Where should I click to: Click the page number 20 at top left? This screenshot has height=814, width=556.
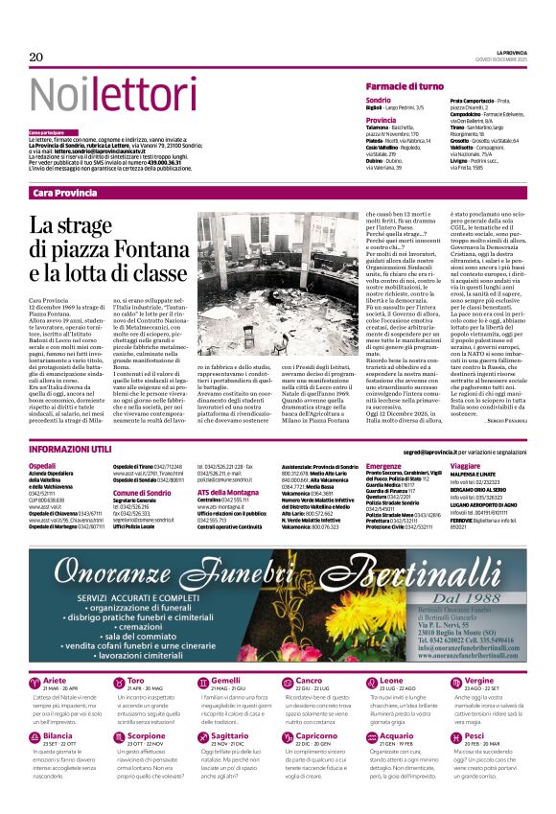pos(36,58)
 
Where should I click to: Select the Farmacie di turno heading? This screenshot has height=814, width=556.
pos(405,86)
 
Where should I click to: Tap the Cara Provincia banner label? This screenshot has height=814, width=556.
pos(65,193)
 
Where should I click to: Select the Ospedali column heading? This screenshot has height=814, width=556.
pos(43,464)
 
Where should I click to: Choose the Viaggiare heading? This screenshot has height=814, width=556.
pos(467,464)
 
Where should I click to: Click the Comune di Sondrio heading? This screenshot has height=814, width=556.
pos(141,492)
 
